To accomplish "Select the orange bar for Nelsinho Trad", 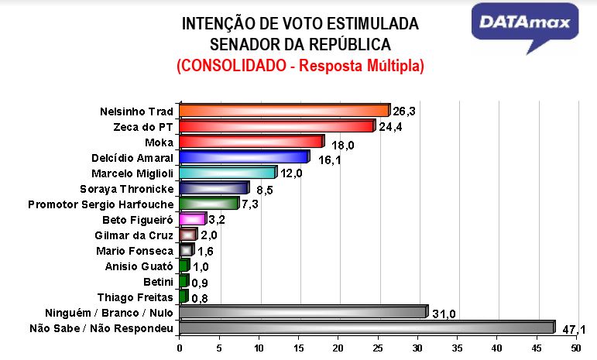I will (283, 110).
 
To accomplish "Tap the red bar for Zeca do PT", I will (276, 125).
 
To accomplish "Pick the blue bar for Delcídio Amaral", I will (243, 157).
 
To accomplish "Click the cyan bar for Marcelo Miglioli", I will (227, 173).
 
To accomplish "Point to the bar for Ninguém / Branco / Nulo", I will (303, 312).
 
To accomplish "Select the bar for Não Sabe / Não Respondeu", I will (366, 327).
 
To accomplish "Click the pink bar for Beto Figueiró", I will (192, 219).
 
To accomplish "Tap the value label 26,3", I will (403, 111).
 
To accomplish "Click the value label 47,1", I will (574, 330).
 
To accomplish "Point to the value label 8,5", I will (263, 189).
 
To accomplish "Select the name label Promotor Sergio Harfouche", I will (100, 204).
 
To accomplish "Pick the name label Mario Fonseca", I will (134, 251).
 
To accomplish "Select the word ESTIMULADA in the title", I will (369, 24).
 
